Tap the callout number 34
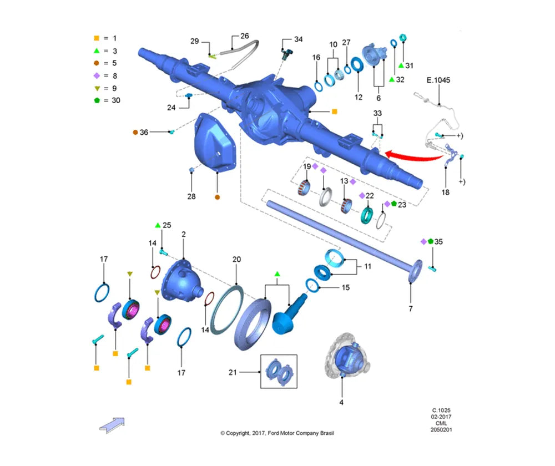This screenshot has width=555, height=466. [x=299, y=39]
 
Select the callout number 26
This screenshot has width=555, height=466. [x=245, y=36]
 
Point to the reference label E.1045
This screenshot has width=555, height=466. [x=438, y=80]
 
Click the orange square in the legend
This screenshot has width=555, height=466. [x=96, y=38]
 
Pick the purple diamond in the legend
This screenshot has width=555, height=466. [x=96, y=75]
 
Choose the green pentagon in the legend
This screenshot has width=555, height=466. [x=97, y=100]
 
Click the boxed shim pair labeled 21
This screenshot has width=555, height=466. [x=279, y=372]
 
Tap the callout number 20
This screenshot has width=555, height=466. [x=236, y=260]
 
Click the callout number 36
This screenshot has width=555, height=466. [x=144, y=133]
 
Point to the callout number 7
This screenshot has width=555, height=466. [x=411, y=308]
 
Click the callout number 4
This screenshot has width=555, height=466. [x=341, y=402]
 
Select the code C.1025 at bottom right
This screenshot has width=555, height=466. [x=441, y=411]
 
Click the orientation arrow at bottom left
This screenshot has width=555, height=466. [x=112, y=425]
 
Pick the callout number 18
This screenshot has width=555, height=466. [x=445, y=192]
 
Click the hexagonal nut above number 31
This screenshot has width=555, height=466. [x=402, y=38]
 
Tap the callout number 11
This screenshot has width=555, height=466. [x=368, y=266]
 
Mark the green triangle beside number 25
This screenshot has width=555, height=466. [x=158, y=225]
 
